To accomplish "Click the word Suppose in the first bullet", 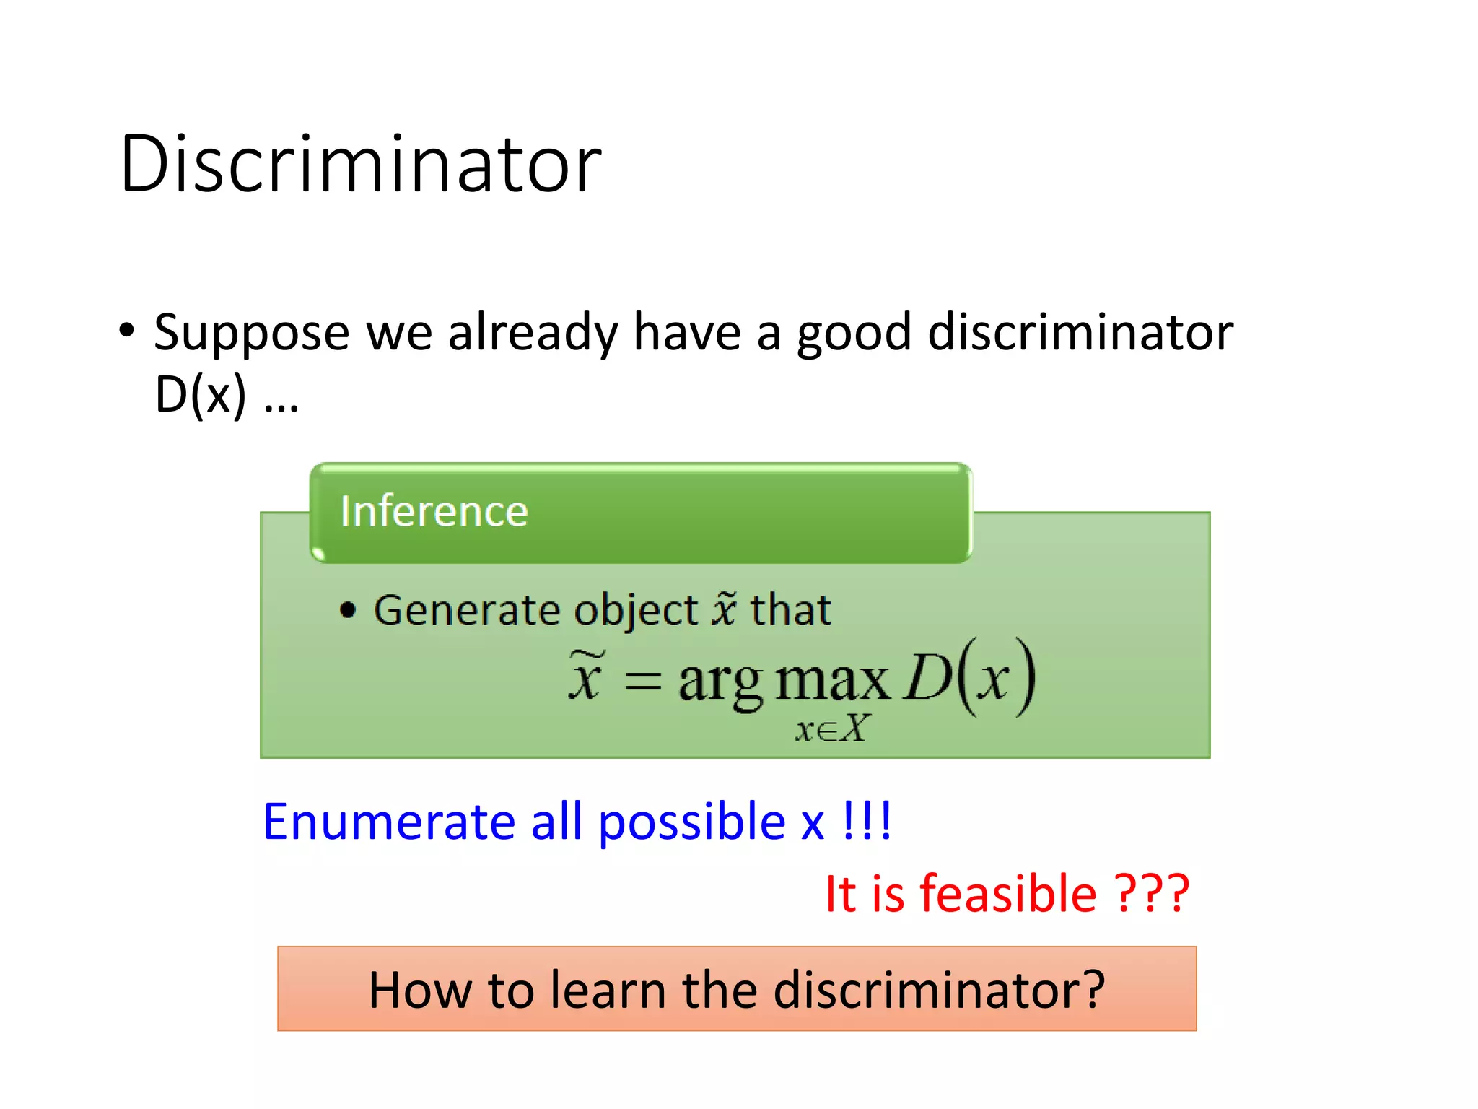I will point(252,334).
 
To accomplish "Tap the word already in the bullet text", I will point(533,334).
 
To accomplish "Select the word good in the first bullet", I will point(854,334).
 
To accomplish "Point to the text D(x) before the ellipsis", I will point(201,395).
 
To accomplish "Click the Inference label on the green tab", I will point(434,512).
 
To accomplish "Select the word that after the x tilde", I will point(791,610).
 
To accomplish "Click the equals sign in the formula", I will point(642,681).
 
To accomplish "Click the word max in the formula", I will point(832,681).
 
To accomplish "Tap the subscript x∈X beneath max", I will point(832,729).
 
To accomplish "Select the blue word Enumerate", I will point(388,822).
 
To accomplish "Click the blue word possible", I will point(691,822).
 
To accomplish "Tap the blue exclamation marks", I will point(867,821).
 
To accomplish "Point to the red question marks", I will point(1152,894).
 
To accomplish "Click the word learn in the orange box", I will point(608,990).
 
